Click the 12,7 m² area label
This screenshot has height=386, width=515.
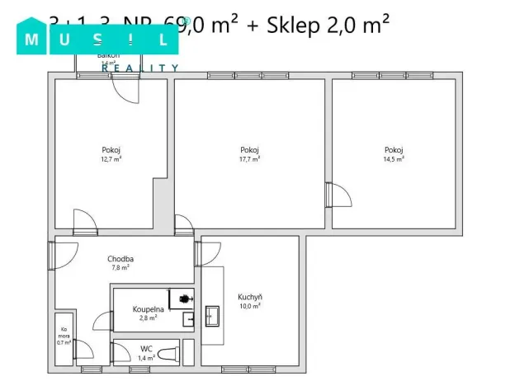point(111,159)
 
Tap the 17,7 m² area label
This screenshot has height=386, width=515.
point(250,159)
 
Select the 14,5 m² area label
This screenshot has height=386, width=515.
point(394,159)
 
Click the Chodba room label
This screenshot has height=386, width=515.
point(120,259)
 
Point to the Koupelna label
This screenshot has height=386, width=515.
point(146,309)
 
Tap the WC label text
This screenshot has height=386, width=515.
point(145,348)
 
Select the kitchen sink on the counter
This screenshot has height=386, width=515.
point(212,314)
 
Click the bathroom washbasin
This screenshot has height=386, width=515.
point(188,317)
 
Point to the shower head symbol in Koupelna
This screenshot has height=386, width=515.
point(185,296)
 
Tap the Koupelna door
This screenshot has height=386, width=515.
point(102,320)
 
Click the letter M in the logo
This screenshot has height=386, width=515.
point(34,39)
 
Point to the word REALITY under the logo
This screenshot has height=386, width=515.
point(140,68)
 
